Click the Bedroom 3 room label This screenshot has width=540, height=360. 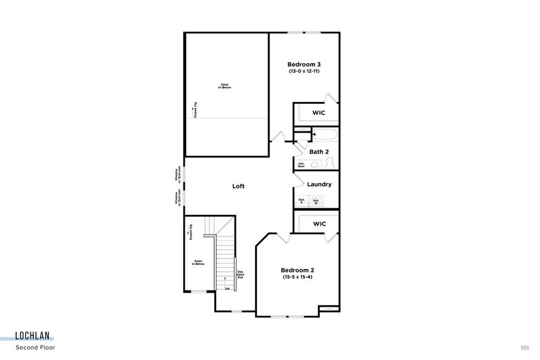(x=304, y=64)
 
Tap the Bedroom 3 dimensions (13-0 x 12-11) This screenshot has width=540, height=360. (x=304, y=72)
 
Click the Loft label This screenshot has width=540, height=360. (x=239, y=186)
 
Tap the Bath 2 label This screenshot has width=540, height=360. (x=319, y=152)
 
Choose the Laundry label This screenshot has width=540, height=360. (x=319, y=184)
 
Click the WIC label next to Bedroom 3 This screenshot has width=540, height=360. (x=319, y=113)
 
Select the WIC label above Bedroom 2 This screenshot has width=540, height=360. (x=319, y=224)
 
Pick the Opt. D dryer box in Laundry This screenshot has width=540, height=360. (x=302, y=201)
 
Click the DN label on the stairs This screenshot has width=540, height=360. (x=227, y=289)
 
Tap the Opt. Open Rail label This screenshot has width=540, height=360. (x=240, y=274)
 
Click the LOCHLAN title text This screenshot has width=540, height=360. (x=34, y=337)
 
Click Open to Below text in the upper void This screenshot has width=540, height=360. (x=224, y=86)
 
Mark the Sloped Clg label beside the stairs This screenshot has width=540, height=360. (x=191, y=233)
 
